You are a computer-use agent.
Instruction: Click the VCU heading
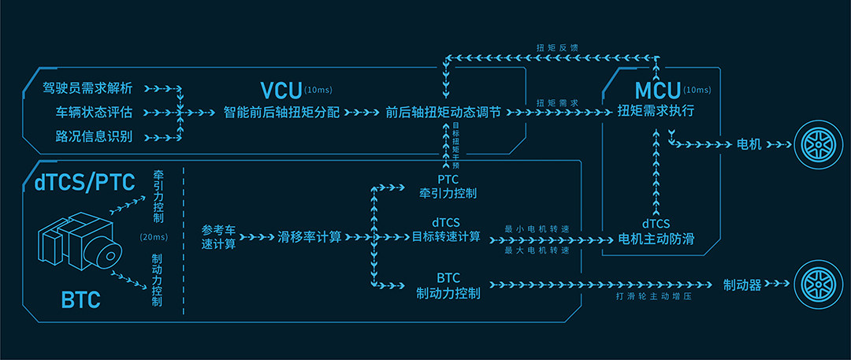tap(281, 89)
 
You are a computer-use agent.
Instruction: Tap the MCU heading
tap(658, 89)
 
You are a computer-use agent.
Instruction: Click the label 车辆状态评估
tap(94, 112)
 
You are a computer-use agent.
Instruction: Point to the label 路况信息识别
tap(94, 136)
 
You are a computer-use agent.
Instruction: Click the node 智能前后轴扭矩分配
tap(281, 112)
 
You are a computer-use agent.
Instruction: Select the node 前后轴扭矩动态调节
tap(443, 112)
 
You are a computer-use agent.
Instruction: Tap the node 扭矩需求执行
tap(656, 110)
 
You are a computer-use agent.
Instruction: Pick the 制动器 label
tap(742, 285)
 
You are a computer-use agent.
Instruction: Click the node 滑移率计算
tap(310, 236)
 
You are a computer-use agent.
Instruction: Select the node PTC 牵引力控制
tap(448, 186)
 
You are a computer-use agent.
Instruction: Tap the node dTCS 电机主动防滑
tap(656, 232)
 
